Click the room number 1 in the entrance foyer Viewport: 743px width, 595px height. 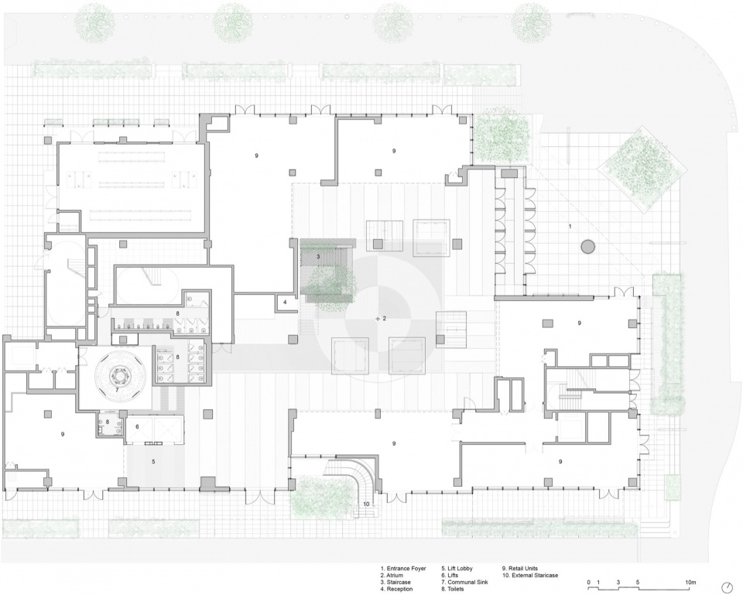pos(570,227)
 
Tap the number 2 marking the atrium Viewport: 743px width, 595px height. pos(385,319)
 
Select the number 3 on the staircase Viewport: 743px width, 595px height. pos(318,256)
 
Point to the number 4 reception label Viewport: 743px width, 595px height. pos(286,302)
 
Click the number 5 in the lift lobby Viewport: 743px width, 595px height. pos(153,461)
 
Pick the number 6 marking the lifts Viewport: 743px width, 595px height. pos(138,427)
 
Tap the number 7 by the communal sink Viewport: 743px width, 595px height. pos(117,391)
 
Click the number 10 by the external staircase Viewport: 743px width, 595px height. pos(366,504)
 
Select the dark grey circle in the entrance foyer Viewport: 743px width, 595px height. pos(588,246)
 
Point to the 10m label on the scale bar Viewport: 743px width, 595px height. pos(690,582)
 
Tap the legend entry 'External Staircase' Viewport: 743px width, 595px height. pos(533,575)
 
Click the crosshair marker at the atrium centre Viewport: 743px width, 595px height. pos(378,319)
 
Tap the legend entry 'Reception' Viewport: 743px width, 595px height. pos(400,589)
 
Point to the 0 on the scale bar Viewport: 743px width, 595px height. pos(588,582)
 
